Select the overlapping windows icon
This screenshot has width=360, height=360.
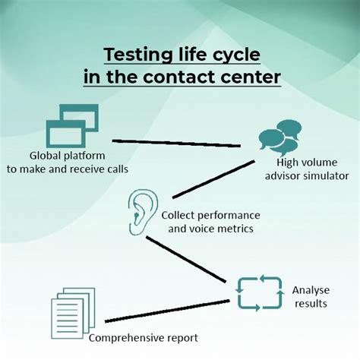tap(73, 125)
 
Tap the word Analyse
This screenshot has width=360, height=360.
tap(310, 291)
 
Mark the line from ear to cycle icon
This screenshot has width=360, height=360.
tap(187, 261)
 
